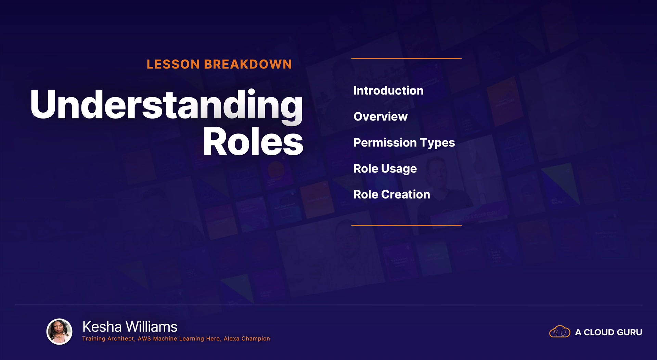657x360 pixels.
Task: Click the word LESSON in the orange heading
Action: click(173, 64)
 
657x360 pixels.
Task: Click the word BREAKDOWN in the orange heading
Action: click(248, 64)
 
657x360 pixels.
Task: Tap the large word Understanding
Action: click(167, 105)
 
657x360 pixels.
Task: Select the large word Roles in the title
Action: click(253, 141)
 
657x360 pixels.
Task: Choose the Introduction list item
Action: click(388, 91)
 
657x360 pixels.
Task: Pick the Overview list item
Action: click(381, 117)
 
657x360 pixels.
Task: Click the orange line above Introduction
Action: click(407, 58)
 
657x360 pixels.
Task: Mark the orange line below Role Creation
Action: click(407, 225)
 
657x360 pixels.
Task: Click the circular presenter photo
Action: click(60, 332)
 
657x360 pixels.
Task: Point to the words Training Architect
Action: click(108, 339)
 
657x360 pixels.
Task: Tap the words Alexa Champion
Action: click(247, 339)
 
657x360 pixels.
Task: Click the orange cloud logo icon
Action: click(560, 332)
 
